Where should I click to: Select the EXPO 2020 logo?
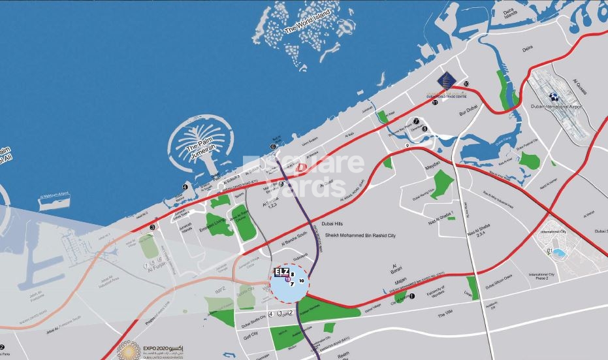(127, 348)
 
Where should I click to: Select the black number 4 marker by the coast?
(185, 187)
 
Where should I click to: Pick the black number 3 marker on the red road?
(152, 227)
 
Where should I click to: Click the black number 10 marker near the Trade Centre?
(466, 84)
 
